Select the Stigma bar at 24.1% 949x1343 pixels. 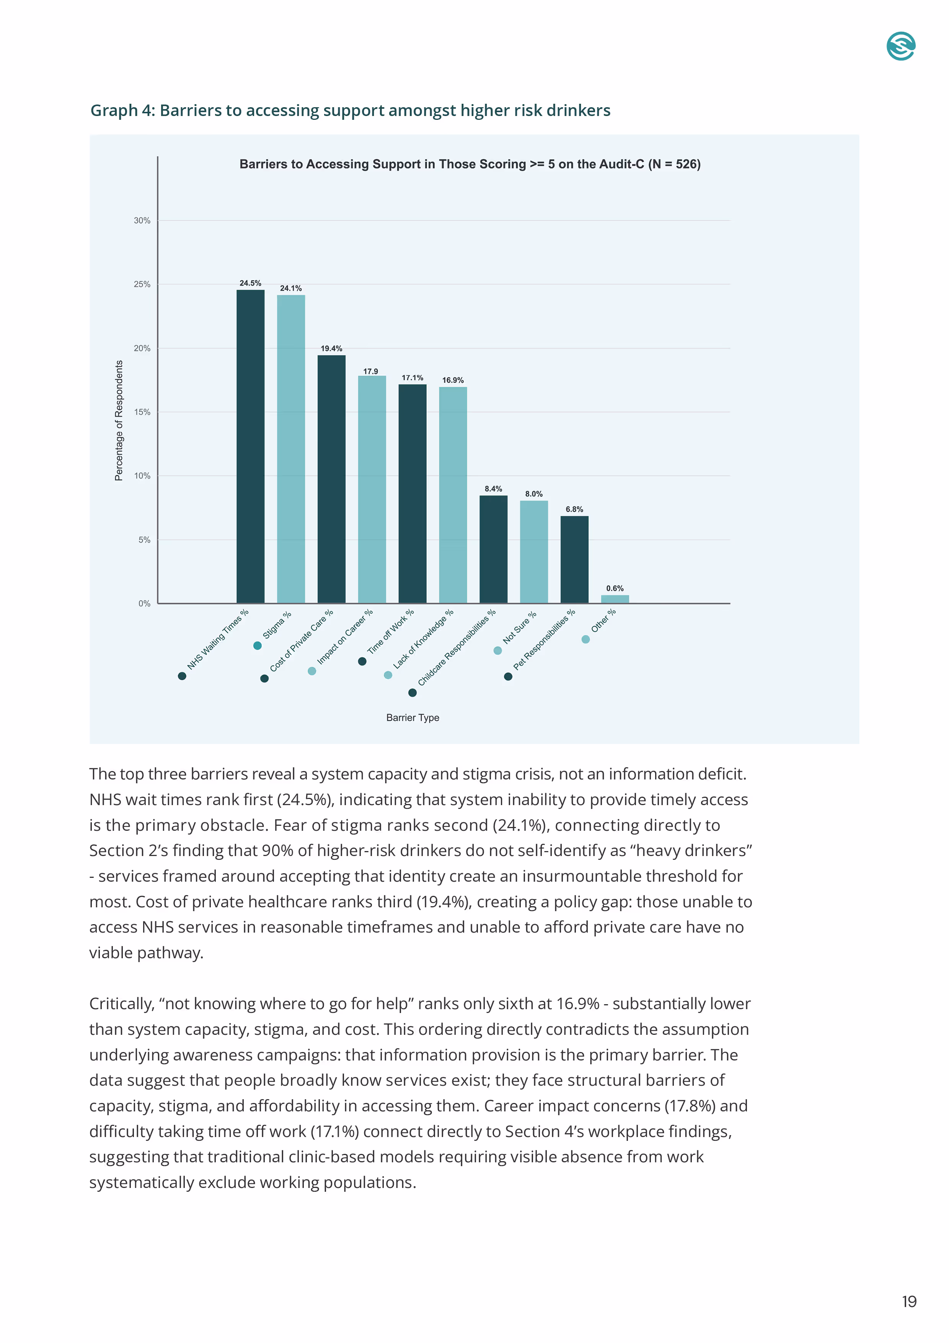290,449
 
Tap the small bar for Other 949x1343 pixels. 615,599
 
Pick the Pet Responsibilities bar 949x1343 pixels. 574,559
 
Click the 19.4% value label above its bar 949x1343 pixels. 331,349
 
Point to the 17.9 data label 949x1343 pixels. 371,371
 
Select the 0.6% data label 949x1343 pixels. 615,588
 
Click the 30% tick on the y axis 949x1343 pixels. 142,221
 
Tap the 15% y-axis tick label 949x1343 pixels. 142,412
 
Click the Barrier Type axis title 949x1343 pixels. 412,718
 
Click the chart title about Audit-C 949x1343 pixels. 470,164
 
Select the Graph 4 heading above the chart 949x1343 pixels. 350,111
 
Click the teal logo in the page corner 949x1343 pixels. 900,46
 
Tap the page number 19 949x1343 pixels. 909,1302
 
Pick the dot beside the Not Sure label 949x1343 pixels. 497,650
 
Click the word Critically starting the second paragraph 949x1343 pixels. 122,1004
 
